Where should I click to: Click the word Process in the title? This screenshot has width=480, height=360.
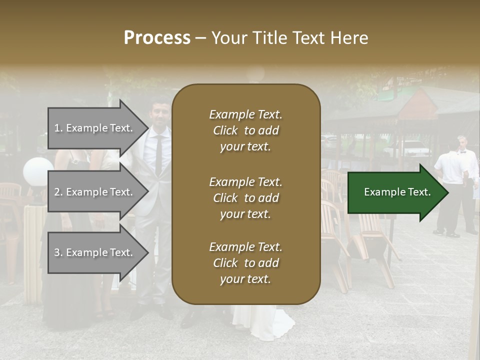click(x=157, y=38)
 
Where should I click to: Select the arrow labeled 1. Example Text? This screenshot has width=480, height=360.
click(x=93, y=128)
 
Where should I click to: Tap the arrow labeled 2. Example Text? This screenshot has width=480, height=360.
click(x=93, y=192)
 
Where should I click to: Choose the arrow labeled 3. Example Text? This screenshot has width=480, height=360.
click(x=93, y=252)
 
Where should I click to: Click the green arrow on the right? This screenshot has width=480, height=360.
click(x=397, y=192)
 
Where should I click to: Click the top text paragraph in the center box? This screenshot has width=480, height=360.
click(x=245, y=130)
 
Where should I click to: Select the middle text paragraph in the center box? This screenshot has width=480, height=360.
click(x=245, y=198)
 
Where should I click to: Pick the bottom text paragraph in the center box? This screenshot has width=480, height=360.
click(x=245, y=263)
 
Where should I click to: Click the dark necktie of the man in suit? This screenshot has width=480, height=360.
click(x=158, y=152)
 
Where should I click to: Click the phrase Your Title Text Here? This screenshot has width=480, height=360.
click(x=289, y=38)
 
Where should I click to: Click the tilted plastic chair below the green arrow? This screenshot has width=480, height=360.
click(x=370, y=240)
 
